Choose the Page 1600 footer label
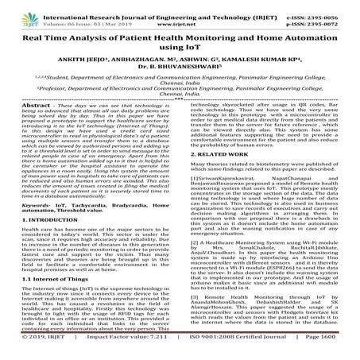(331, 353)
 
